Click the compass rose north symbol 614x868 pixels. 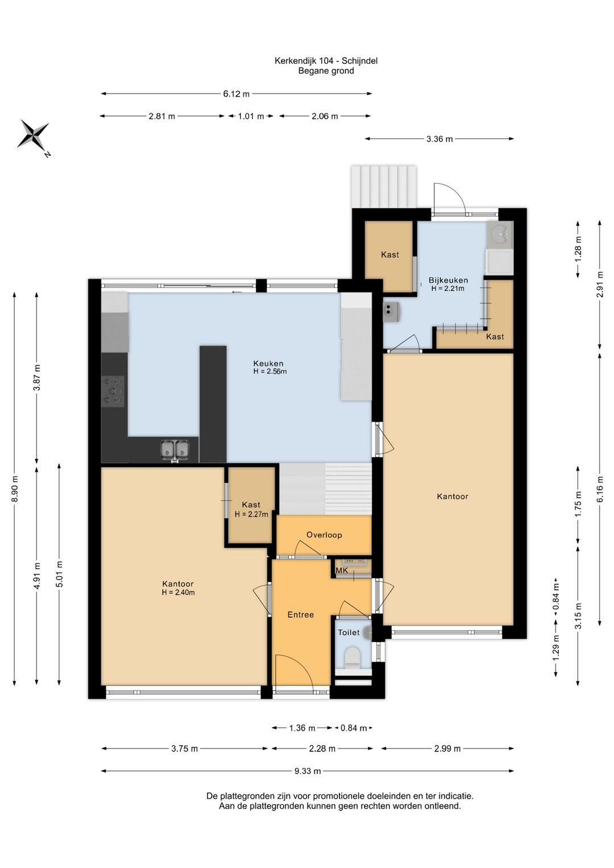click(34, 135)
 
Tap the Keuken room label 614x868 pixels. click(268, 363)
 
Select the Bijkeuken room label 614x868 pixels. click(448, 280)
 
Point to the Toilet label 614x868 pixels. click(349, 633)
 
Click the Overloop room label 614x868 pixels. click(324, 535)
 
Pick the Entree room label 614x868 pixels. click(300, 614)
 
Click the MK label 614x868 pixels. click(342, 571)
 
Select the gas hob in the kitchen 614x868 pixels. click(113, 391)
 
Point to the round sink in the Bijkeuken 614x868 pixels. click(500, 234)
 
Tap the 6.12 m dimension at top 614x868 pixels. click(236, 94)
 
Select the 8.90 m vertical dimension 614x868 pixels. click(14, 489)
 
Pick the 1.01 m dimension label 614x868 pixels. click(251, 116)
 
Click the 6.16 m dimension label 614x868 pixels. click(600, 488)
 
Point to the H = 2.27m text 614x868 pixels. click(251, 515)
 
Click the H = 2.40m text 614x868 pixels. click(178, 592)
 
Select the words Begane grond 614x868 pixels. click(326, 71)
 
